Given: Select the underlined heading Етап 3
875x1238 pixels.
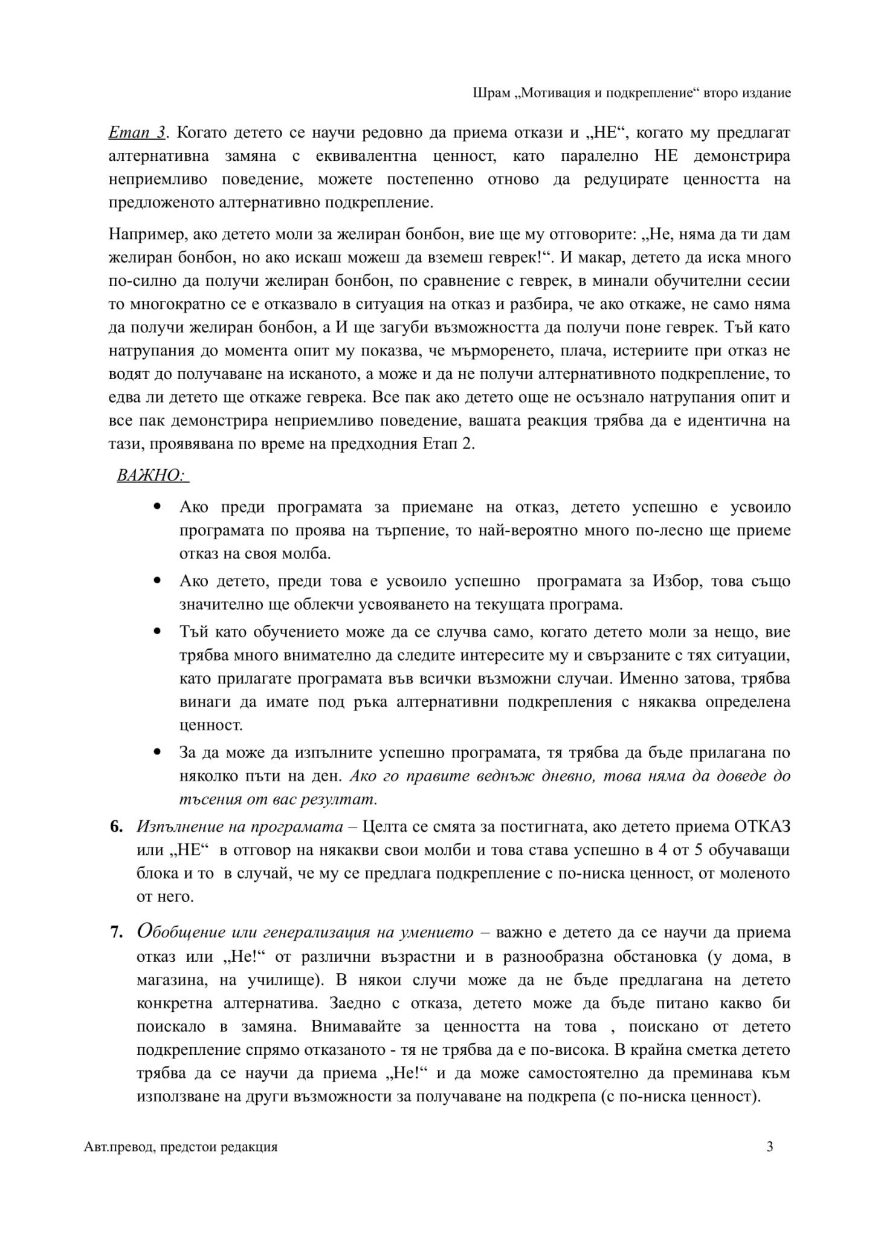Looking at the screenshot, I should click(137, 133).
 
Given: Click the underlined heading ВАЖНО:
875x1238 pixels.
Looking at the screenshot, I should click(152, 475).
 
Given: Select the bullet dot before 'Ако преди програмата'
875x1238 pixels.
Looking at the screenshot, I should click(158, 507).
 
